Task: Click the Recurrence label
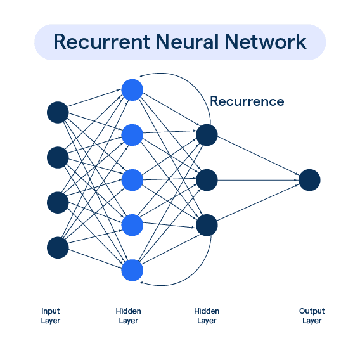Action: tap(247, 101)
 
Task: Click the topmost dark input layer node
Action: tap(58, 112)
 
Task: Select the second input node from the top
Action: tap(58, 157)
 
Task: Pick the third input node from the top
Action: tap(58, 203)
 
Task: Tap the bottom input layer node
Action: tap(58, 248)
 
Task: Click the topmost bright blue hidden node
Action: tap(132, 89)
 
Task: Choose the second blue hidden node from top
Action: tap(132, 134)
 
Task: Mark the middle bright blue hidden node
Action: tap(132, 180)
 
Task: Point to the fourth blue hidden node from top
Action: tap(132, 225)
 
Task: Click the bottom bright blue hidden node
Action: tap(132, 271)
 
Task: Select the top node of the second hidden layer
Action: tap(207, 134)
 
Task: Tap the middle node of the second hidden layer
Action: tap(207, 180)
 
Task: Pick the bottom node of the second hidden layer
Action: tap(207, 225)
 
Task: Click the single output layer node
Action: tap(309, 180)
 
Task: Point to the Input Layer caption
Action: tap(51, 316)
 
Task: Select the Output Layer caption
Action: tap(311, 316)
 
